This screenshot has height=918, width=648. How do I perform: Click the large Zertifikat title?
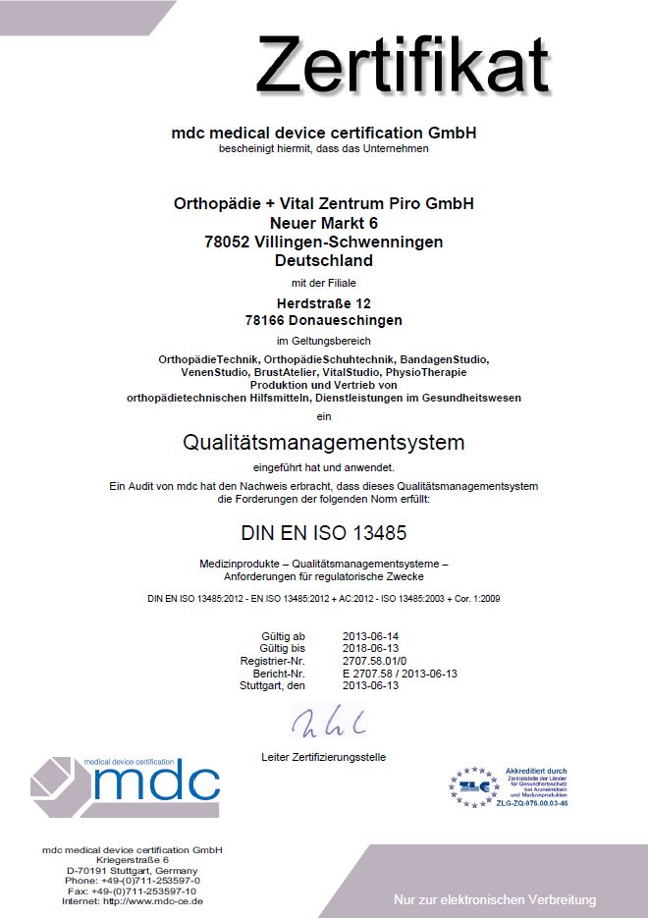click(403, 65)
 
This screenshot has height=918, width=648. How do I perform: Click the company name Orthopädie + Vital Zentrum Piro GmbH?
click(323, 204)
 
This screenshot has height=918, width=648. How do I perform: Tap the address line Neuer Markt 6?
click(323, 223)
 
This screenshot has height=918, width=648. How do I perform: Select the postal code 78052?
click(227, 242)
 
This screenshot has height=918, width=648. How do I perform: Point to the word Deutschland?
click(324, 261)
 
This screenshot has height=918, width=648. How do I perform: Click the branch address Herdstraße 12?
click(323, 301)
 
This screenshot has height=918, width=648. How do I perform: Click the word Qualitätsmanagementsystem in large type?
click(324, 442)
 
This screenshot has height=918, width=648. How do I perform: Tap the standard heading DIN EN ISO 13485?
click(324, 534)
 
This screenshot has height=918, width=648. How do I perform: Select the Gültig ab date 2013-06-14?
click(371, 637)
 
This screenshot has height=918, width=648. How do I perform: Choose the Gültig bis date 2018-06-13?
click(371, 649)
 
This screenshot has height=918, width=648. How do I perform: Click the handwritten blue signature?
click(329, 724)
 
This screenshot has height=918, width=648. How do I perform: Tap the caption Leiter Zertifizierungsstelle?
click(324, 757)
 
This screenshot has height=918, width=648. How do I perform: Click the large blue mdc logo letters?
click(157, 783)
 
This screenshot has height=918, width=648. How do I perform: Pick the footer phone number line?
click(132, 881)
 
